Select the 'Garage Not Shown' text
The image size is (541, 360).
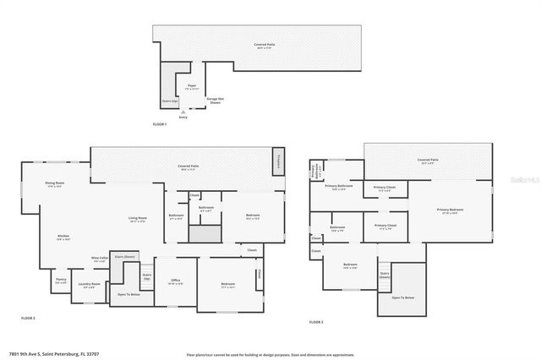(x=216, y=100)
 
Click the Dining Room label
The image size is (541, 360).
(x=55, y=183)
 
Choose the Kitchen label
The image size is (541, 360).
(x=63, y=237)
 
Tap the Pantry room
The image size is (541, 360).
(x=61, y=281)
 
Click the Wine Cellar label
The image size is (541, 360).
(x=99, y=259)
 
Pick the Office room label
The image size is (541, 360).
(x=176, y=281)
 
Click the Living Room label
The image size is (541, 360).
(x=138, y=220)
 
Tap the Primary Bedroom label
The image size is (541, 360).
(x=449, y=210)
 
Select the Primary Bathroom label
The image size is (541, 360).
(x=338, y=188)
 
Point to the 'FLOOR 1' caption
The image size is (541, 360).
(x=160, y=124)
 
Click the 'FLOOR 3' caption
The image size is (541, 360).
(x=315, y=322)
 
